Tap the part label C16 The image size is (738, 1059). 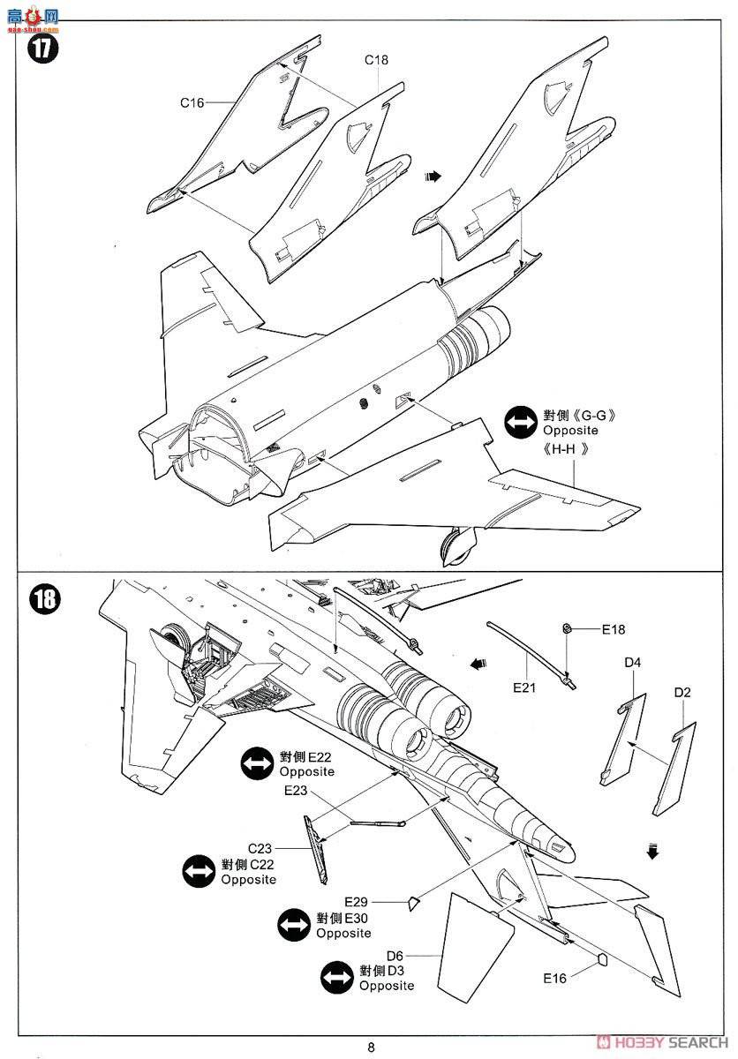[192, 102]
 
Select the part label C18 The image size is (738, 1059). [377, 60]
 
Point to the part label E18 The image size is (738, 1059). [614, 630]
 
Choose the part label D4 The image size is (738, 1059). [633, 663]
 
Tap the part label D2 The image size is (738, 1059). [682, 693]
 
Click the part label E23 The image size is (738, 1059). [296, 791]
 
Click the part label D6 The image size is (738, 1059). [395, 956]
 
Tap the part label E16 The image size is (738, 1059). [555, 977]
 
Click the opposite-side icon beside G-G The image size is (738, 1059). [521, 423]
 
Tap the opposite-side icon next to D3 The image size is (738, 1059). [337, 979]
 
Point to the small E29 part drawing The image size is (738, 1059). [412, 901]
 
